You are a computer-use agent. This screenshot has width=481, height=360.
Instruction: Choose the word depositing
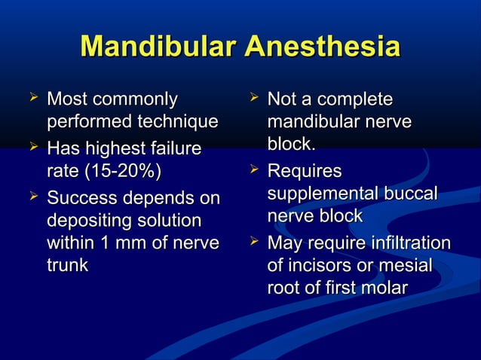point(85,221)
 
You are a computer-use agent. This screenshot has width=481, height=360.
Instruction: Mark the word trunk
point(67,265)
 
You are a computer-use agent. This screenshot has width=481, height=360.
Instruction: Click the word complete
point(355,99)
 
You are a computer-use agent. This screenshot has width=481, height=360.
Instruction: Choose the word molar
point(384,288)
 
